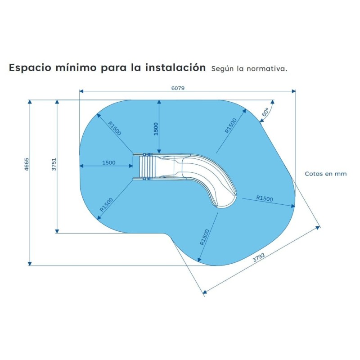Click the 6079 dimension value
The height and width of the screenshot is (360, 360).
(x=178, y=88)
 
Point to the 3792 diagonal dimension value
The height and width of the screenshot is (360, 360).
(x=259, y=258)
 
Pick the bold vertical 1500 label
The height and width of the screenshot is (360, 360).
(x=156, y=129)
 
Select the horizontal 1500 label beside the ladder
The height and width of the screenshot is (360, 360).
(x=109, y=163)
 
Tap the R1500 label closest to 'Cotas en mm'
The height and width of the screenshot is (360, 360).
(x=265, y=198)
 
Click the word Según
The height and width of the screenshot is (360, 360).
(x=220, y=69)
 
